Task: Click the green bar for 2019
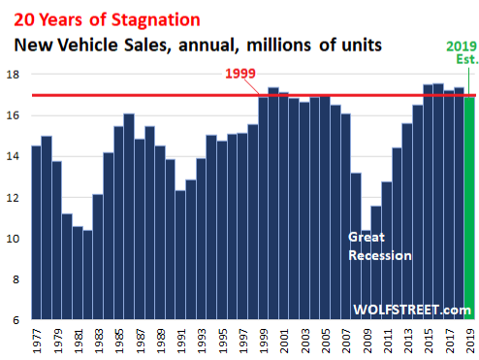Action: (x=469, y=209)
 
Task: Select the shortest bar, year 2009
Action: (x=366, y=275)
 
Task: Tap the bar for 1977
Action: (x=36, y=233)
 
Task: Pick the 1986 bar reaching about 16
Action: (x=129, y=216)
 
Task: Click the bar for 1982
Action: (x=87, y=275)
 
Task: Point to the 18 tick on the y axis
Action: (x=13, y=75)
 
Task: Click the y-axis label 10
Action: (x=13, y=239)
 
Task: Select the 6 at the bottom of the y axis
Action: (x=16, y=320)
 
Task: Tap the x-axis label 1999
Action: (x=264, y=342)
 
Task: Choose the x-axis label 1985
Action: (x=119, y=342)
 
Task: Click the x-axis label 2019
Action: (x=469, y=342)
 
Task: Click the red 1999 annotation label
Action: (x=240, y=74)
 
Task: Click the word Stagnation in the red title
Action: (x=156, y=20)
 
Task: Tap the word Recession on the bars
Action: (x=380, y=255)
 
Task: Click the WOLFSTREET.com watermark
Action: (x=412, y=310)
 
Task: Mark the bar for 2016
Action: (x=438, y=202)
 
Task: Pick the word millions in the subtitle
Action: (x=278, y=45)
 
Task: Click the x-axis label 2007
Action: (x=346, y=342)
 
